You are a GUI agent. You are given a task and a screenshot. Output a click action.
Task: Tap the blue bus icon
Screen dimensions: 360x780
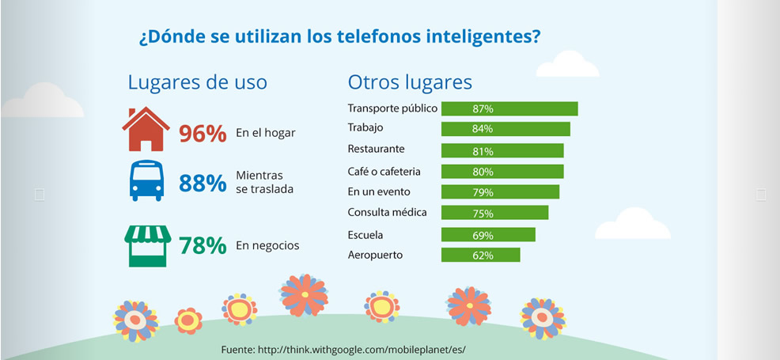(146, 181)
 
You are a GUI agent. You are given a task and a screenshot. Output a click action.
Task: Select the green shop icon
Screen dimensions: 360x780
(146, 245)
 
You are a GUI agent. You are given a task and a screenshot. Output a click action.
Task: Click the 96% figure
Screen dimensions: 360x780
(203, 134)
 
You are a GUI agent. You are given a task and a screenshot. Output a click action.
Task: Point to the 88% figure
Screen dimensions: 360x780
(203, 184)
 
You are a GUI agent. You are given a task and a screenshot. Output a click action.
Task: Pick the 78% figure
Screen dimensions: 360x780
(203, 246)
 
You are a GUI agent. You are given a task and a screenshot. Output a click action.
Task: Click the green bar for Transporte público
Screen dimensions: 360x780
(509, 108)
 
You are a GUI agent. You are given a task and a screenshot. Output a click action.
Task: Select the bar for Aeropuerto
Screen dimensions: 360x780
(480, 255)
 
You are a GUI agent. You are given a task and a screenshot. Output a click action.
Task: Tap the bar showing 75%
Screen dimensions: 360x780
(494, 213)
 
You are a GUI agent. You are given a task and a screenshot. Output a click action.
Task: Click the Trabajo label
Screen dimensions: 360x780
(365, 127)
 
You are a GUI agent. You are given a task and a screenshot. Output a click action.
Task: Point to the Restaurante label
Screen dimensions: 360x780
(377, 149)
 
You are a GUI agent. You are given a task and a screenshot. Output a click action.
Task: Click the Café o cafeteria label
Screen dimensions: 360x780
(384, 171)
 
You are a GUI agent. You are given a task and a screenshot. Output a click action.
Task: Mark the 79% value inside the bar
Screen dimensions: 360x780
(483, 192)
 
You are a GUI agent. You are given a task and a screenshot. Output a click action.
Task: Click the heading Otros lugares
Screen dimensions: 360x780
(410, 82)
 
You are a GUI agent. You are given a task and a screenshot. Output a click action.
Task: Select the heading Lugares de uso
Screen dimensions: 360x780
(197, 82)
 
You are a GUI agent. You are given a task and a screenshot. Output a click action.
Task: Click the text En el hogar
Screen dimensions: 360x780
(265, 133)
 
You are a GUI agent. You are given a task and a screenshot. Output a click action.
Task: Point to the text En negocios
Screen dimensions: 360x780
(267, 245)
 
